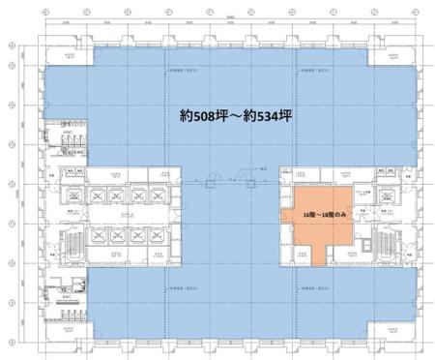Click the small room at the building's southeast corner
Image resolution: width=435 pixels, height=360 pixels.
pyautogui.click(x=393, y=328)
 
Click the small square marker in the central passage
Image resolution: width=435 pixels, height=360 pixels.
pyautogui.click(x=207, y=181)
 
